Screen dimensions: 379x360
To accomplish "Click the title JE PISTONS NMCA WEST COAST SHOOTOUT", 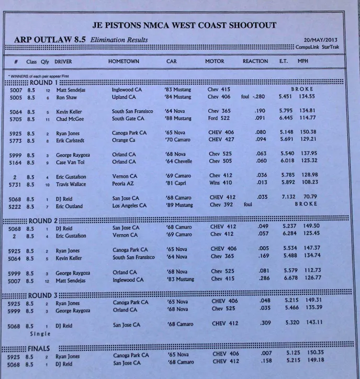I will pyautogui.click(x=184, y=25).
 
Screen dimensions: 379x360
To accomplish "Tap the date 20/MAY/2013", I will pyautogui.click(x=321, y=40).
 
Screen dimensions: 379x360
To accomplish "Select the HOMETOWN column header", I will pyautogui.click(x=123, y=61).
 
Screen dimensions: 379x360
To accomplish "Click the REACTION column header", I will pyautogui.click(x=255, y=61).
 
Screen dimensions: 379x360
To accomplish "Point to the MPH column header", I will pyautogui.click(x=303, y=61).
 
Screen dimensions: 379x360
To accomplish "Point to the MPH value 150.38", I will pyautogui.click(x=322, y=132).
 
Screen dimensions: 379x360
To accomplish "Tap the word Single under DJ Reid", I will pyautogui.click(x=40, y=333).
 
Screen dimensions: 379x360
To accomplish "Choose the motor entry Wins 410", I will pyautogui.click(x=220, y=183).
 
